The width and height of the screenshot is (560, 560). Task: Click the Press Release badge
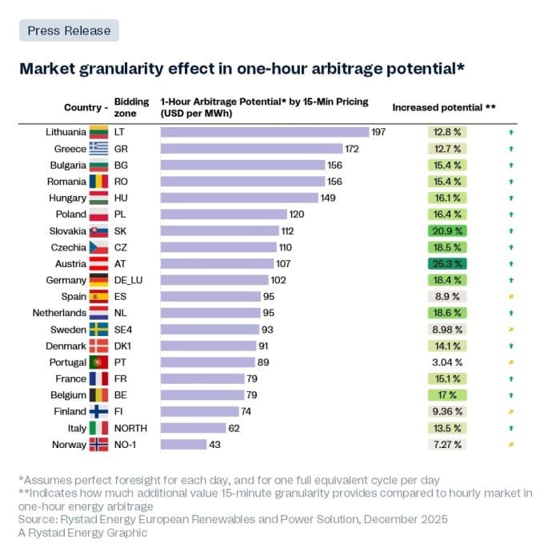(x=69, y=30)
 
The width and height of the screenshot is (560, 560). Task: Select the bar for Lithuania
(x=265, y=132)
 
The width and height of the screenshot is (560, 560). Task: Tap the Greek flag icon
(x=98, y=149)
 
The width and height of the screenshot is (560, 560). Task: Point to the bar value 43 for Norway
(x=214, y=445)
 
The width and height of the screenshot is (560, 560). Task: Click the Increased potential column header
(x=443, y=107)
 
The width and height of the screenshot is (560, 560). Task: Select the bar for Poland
(x=223, y=214)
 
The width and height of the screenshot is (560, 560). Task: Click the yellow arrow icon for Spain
(x=510, y=297)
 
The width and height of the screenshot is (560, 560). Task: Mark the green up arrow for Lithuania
(x=510, y=132)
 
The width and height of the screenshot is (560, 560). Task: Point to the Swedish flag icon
(x=98, y=330)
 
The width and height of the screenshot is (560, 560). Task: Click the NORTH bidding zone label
(x=130, y=428)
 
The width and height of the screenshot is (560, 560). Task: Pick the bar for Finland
(x=199, y=412)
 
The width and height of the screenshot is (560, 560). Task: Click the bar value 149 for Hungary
(x=328, y=198)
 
